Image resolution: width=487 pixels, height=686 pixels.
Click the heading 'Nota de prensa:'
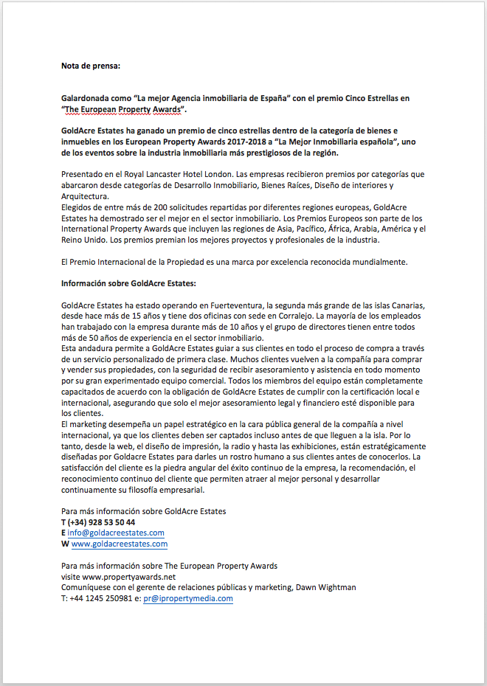point(90,66)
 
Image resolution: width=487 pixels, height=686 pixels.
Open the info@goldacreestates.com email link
point(116,533)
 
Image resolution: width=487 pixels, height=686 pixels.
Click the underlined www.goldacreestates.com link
point(120,544)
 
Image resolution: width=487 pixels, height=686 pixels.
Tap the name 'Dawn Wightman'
point(327,587)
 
